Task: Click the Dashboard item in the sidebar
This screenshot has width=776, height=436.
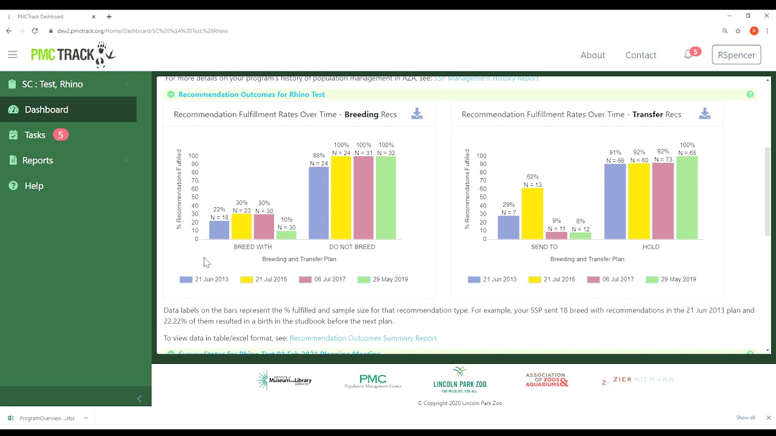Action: [x=47, y=110]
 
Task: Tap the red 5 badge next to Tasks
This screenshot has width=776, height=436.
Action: [x=61, y=135]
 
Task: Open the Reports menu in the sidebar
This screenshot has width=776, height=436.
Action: [x=38, y=160]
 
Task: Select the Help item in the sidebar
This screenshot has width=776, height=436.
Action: [x=34, y=186]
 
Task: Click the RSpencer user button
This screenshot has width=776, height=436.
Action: [x=736, y=55]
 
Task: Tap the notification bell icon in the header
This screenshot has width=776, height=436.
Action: [x=688, y=54]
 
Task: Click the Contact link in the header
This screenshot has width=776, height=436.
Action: [x=641, y=55]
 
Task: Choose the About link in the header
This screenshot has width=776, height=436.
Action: [x=592, y=55]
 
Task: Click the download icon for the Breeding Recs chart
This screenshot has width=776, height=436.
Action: [x=416, y=114]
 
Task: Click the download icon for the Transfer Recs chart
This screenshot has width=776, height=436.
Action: [x=704, y=114]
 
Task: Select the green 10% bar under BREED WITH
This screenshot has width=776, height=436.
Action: [x=286, y=235]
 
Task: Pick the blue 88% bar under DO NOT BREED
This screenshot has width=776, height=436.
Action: [x=319, y=203]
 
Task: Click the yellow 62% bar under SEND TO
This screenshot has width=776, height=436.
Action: [x=532, y=214]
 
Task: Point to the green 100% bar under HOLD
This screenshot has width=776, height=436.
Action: [x=687, y=198]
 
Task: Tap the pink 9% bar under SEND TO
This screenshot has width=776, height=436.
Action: [x=557, y=236]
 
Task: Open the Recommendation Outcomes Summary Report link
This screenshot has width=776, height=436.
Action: [x=363, y=338]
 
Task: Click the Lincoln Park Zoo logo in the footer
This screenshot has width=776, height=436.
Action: [x=460, y=380]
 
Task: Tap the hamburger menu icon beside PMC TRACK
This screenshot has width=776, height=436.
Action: [x=13, y=54]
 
